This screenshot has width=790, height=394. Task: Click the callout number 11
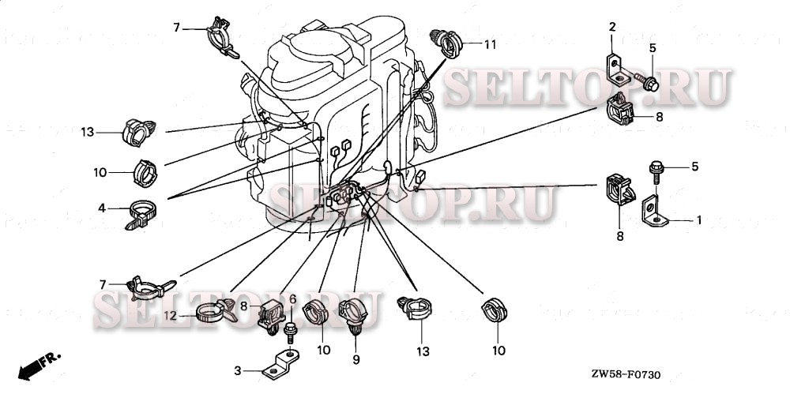[490, 45]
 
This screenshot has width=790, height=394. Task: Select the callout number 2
[611, 28]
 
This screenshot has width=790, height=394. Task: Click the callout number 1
[698, 220]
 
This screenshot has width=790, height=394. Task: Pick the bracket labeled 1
[655, 214]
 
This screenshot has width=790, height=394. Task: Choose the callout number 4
[102, 208]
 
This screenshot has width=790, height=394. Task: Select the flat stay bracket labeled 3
[281, 364]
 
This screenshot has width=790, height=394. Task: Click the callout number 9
[355, 360]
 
